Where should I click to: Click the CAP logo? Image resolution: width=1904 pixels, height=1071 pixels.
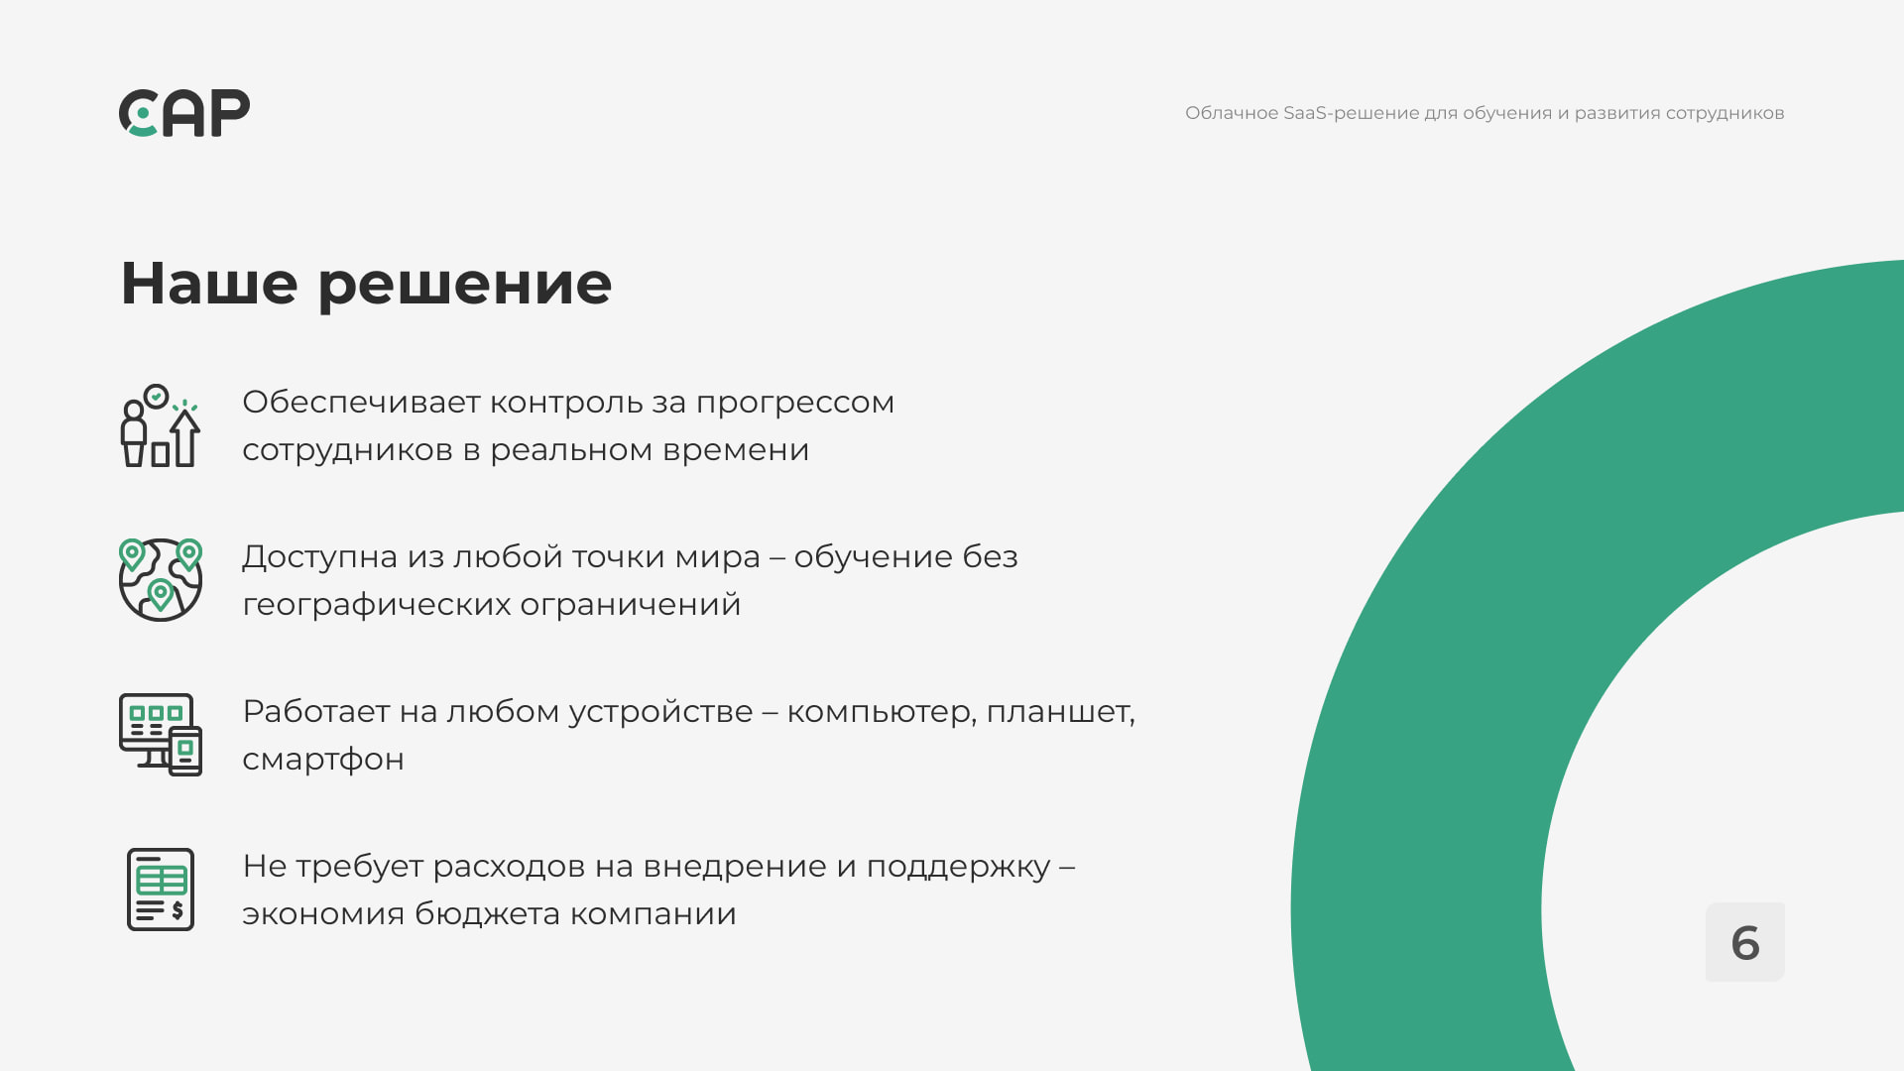(184, 113)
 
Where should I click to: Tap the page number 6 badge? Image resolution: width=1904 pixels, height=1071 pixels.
(1745, 942)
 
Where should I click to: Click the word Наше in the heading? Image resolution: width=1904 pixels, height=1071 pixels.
(209, 284)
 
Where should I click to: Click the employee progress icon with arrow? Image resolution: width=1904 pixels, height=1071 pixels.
(161, 425)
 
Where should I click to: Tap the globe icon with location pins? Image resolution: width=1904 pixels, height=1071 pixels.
(161, 580)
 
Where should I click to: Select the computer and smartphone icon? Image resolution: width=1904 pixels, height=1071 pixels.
(161, 735)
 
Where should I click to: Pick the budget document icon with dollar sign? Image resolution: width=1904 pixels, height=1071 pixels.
(161, 890)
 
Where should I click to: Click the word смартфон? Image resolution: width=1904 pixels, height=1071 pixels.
(323, 761)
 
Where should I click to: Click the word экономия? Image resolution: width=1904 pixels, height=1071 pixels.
(323, 915)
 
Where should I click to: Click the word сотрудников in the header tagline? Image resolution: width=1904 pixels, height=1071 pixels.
(1725, 114)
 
